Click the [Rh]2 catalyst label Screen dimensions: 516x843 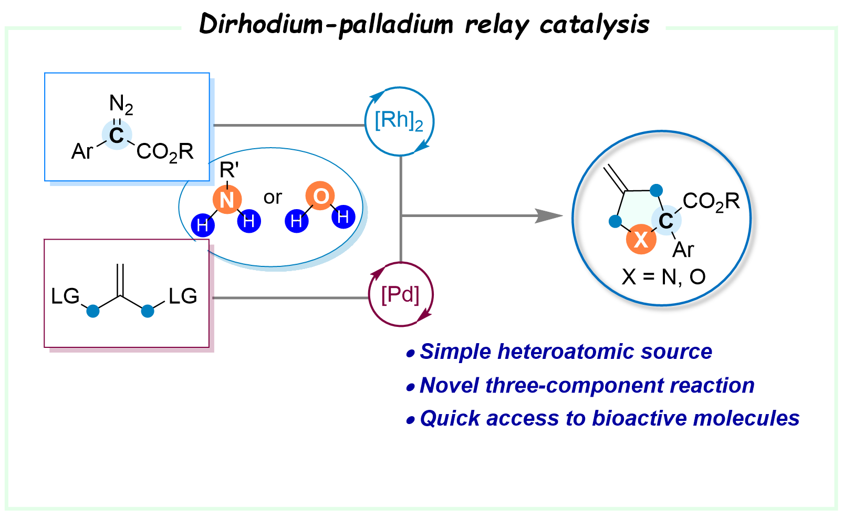[399, 121]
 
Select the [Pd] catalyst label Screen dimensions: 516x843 [400, 295]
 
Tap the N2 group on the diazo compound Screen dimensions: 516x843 [121, 104]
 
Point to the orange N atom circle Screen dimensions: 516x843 [227, 200]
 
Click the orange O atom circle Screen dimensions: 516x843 [320, 197]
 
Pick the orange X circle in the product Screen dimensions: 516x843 [641, 240]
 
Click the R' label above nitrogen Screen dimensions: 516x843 [229, 170]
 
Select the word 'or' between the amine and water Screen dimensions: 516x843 [273, 198]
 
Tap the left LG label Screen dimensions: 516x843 [65, 296]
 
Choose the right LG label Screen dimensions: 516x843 [183, 296]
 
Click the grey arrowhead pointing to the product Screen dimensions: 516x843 [548, 215]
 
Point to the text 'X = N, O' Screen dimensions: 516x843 [663, 277]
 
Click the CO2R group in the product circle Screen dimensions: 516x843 [711, 201]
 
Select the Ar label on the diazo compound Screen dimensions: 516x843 [82, 152]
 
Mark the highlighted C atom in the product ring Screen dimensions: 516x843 [666, 221]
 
